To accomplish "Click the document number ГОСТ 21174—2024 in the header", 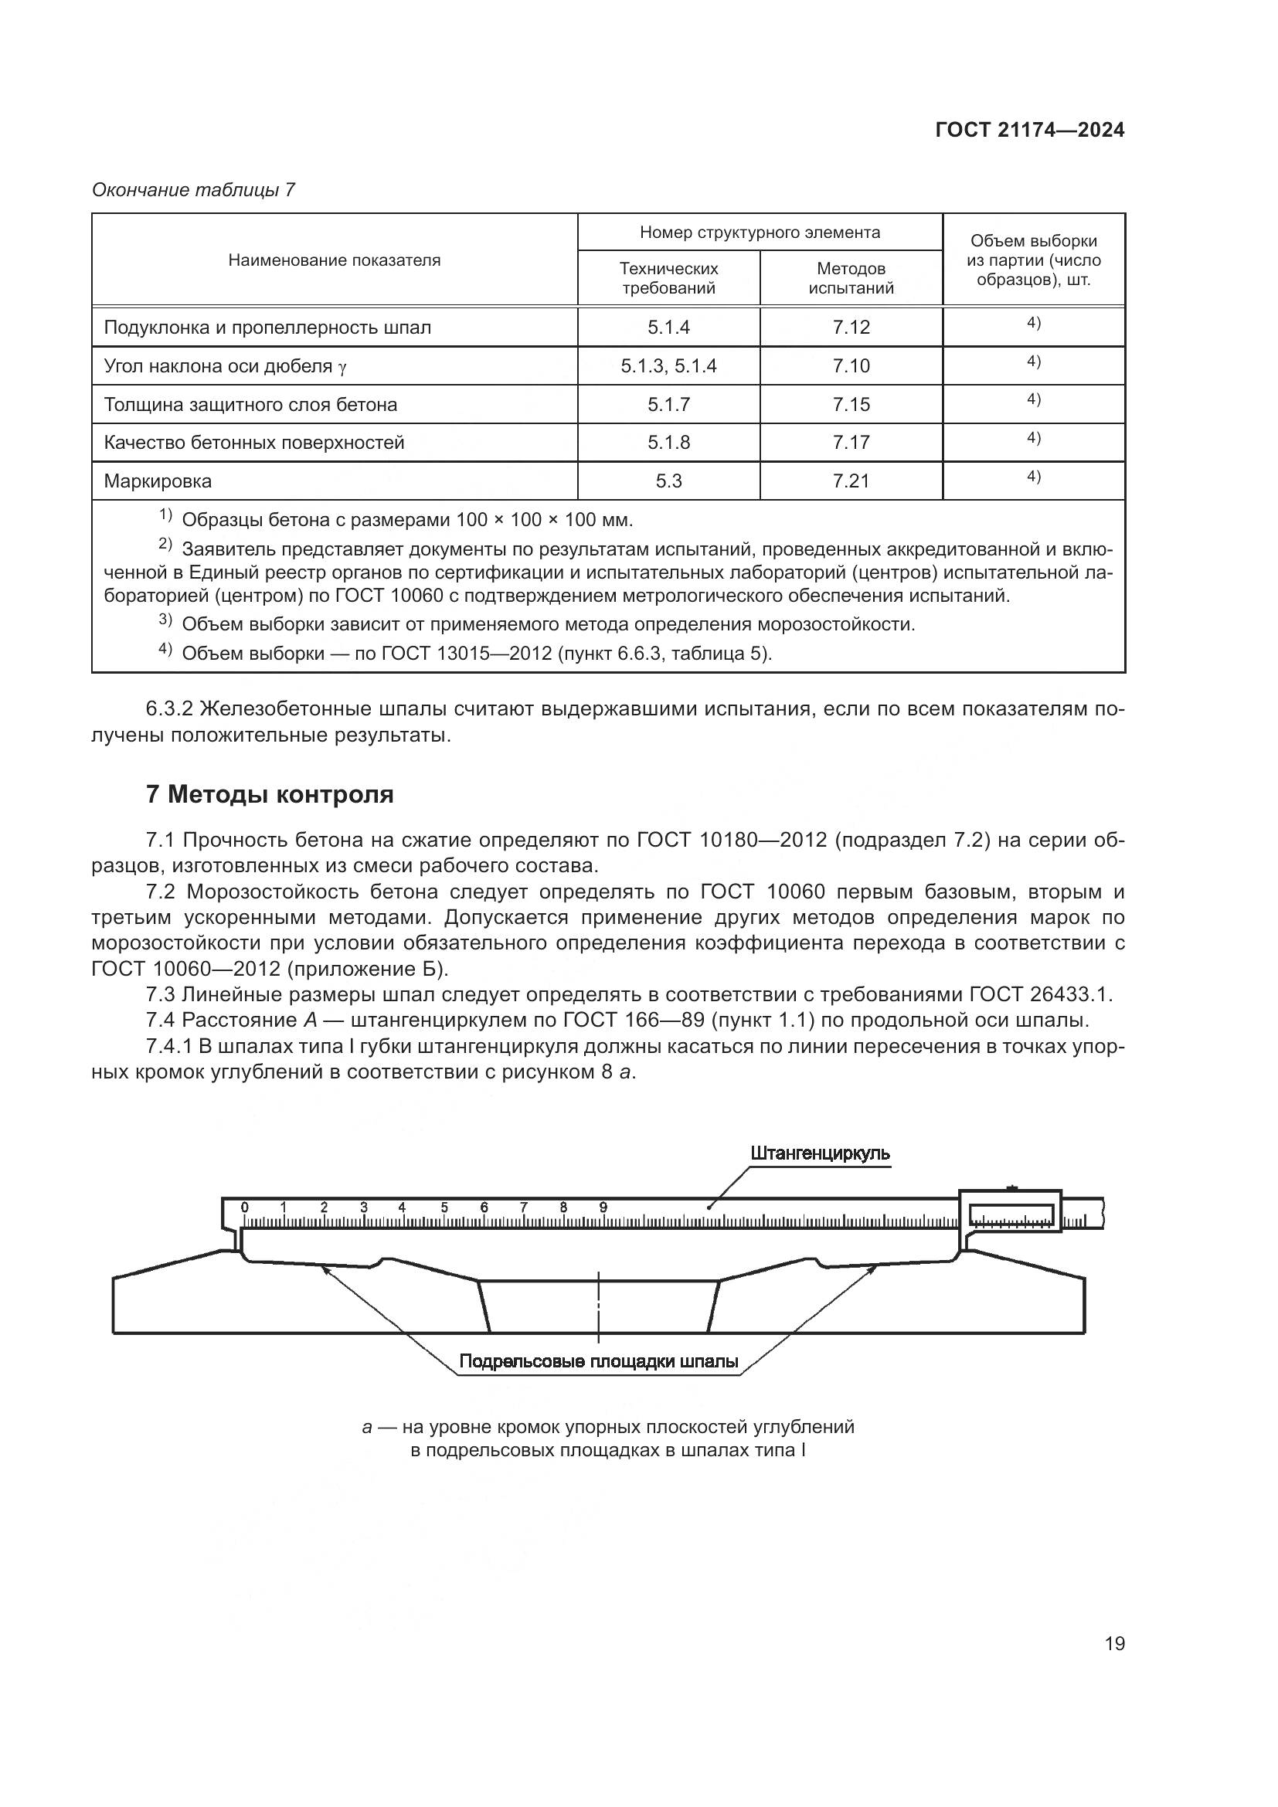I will tap(1029, 131).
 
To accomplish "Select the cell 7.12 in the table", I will tap(851, 328).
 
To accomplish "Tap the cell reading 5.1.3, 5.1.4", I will tap(668, 366).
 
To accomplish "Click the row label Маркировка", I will tap(158, 481).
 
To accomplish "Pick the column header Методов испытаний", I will tap(851, 278).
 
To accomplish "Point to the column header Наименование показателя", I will tap(334, 260).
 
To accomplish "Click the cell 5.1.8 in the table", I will tap(668, 443).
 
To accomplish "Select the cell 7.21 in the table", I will tap(851, 481).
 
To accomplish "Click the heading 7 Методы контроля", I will tap(269, 795).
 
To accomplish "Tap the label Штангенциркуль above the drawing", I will tap(820, 1153).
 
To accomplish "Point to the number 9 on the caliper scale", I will tap(603, 1207).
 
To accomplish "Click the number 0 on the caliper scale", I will tap(245, 1207).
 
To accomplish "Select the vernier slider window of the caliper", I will tap(1011, 1215).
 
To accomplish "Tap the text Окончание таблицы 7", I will tap(193, 190).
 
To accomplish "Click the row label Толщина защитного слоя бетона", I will tap(250, 405).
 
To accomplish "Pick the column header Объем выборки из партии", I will tap(1033, 260).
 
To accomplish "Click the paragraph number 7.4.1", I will tap(168, 1047).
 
